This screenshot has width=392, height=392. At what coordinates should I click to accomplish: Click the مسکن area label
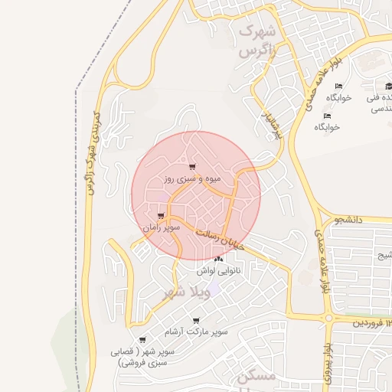[256, 377]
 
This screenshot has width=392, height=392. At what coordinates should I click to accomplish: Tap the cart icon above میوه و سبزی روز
[191, 167]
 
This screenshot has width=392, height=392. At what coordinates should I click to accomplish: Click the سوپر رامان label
[161, 227]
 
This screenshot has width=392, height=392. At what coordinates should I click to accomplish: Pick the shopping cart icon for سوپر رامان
[161, 216]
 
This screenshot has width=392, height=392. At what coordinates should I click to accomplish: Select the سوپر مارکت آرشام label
[196, 332]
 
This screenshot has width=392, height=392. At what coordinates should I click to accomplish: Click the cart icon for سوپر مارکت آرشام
[196, 321]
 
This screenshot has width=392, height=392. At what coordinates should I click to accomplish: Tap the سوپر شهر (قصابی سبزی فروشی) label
[143, 357]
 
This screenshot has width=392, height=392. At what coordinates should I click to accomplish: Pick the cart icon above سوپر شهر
[142, 340]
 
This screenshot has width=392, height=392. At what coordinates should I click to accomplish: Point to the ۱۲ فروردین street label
[371, 324]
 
